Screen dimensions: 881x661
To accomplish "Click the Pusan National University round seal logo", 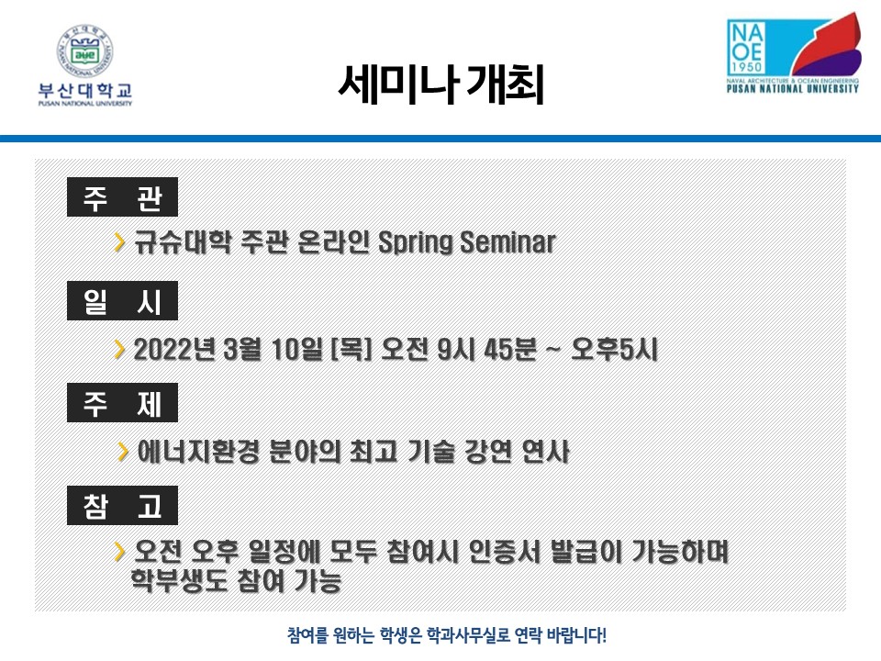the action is (84, 51).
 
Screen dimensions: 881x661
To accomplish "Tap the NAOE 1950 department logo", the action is (794, 52).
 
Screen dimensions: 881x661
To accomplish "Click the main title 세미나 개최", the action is (441, 84).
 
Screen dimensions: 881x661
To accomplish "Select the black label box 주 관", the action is (122, 196).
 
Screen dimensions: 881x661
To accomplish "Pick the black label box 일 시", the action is (122, 301).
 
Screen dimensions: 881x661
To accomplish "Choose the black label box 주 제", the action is (122, 402).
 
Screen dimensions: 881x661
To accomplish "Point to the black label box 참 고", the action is (122, 505).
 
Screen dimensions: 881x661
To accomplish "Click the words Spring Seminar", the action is (467, 242).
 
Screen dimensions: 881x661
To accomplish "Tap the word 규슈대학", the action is (183, 242).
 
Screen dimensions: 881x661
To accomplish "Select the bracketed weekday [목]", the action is (351, 349).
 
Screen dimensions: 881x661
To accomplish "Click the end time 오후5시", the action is (614, 349).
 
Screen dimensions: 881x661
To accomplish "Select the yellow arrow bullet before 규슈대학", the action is (119, 241).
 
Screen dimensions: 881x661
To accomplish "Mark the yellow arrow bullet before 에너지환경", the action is (122, 452).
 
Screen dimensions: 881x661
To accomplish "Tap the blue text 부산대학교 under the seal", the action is (84, 91).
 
